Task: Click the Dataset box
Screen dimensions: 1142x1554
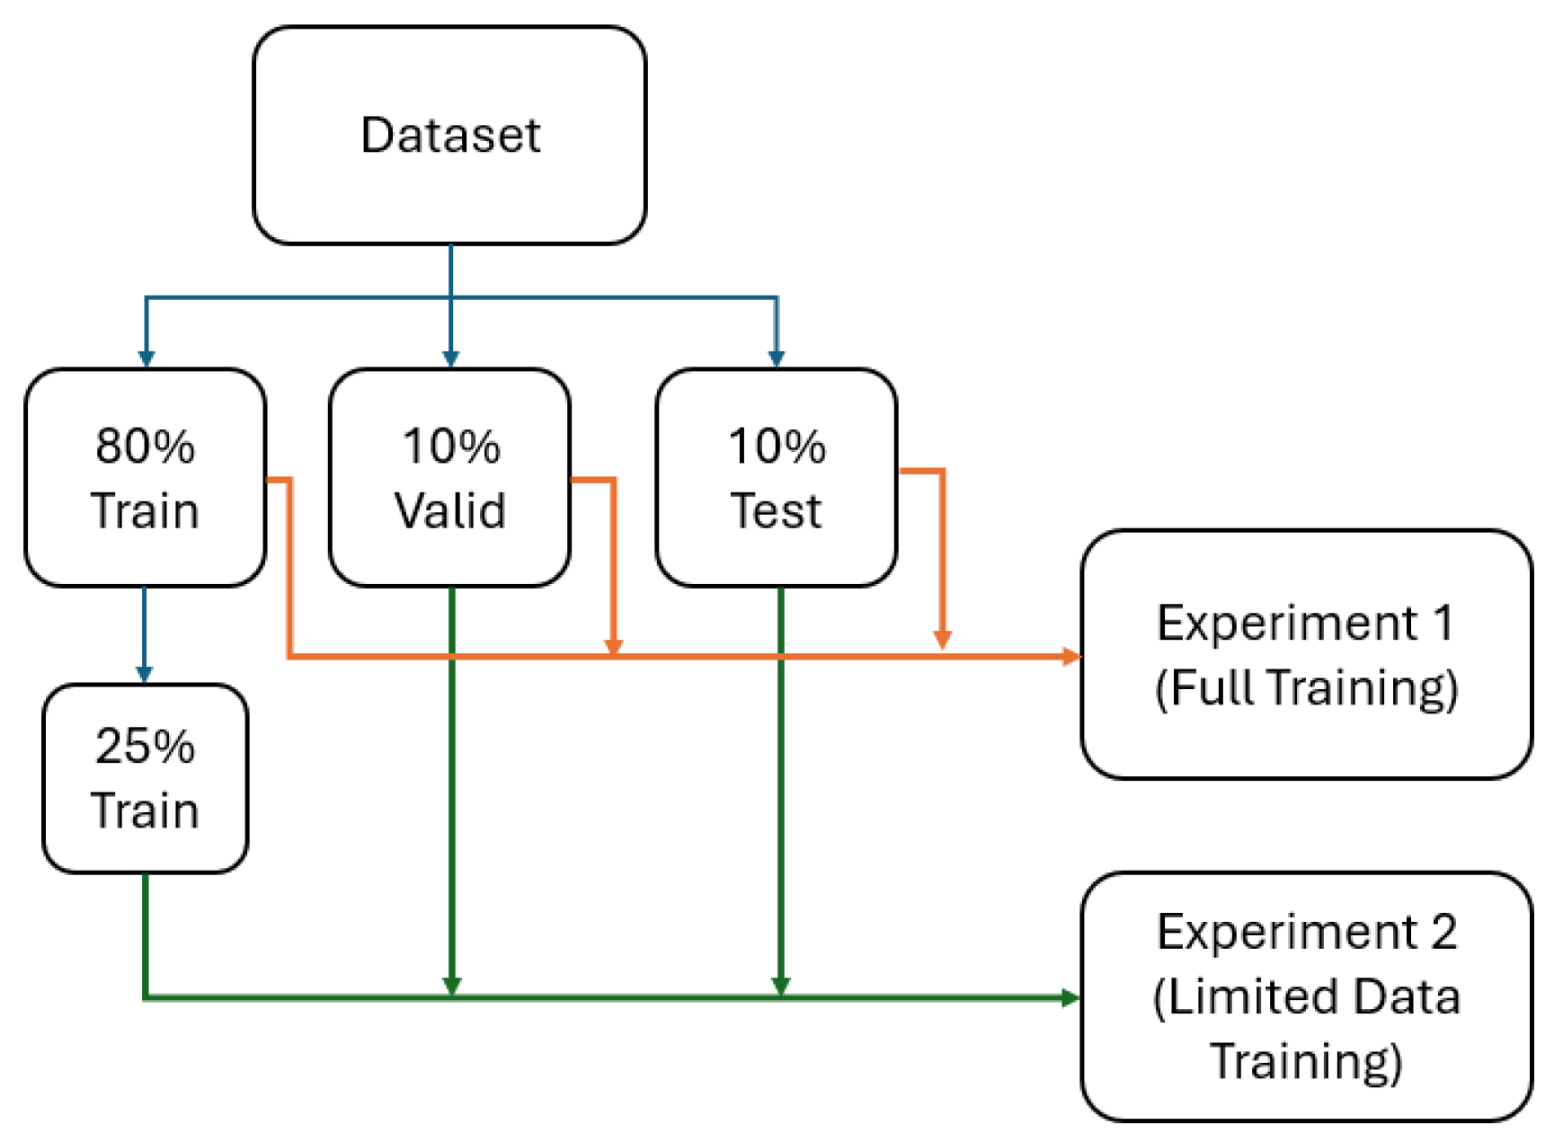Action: point(449,135)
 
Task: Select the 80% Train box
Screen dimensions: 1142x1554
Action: point(145,477)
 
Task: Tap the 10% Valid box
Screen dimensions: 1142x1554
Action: point(449,477)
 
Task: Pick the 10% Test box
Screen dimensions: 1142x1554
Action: point(776,477)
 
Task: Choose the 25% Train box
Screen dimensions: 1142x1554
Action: point(145,777)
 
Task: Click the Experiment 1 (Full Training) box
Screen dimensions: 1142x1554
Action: point(1306,654)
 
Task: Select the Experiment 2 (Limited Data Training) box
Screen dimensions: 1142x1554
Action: point(1306,996)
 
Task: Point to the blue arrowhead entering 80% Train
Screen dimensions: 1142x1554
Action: point(146,359)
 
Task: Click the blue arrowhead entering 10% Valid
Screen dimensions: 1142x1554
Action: point(450,359)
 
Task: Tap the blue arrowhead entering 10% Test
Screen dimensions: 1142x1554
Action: point(777,359)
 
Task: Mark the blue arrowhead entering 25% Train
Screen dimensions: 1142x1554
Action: point(145,674)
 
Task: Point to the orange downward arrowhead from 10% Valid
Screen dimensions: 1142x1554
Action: point(613,647)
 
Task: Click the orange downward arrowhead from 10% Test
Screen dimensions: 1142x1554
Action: point(942,639)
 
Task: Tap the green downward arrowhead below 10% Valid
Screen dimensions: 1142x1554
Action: point(451,986)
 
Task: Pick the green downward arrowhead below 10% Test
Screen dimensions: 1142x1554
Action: point(780,986)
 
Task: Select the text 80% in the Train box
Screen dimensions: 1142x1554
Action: point(145,446)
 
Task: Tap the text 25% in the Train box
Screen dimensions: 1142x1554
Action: point(145,746)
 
